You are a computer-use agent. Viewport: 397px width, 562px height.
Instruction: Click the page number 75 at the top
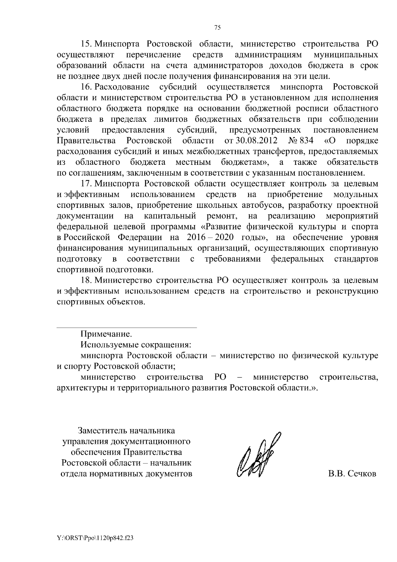pyautogui.click(x=217, y=28)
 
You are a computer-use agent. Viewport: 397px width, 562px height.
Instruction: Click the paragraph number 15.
pyautogui.click(x=87, y=44)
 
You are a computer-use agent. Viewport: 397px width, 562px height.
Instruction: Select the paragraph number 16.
pyautogui.click(x=87, y=87)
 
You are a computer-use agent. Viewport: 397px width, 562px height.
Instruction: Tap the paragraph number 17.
pyautogui.click(x=87, y=183)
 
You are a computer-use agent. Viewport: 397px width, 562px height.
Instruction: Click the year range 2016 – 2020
pyautogui.click(x=211, y=238)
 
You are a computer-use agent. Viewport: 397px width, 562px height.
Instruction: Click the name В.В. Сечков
pyautogui.click(x=352, y=474)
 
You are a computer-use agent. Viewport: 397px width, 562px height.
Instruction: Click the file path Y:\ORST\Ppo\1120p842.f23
pyautogui.click(x=95, y=539)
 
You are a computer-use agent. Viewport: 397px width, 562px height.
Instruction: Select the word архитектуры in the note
pyautogui.click(x=78, y=388)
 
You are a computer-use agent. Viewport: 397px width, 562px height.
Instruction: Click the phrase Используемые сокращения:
pyautogui.click(x=136, y=345)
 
